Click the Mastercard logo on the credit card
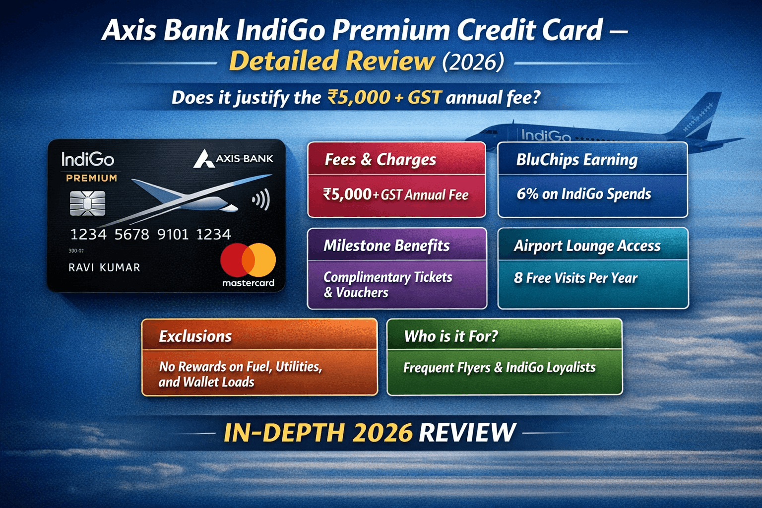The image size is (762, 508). tap(248, 260)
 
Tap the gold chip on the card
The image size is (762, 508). tap(87, 203)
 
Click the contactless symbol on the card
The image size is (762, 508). tap(261, 200)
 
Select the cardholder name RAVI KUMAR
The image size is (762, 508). tap(104, 268)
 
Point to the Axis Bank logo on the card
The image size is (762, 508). tap(233, 159)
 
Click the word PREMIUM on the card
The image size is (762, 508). tap(92, 178)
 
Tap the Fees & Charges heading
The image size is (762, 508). tap(380, 160)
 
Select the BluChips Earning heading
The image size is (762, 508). tap(576, 160)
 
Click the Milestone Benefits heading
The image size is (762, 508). tap(386, 246)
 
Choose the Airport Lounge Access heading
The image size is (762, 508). tap(587, 246)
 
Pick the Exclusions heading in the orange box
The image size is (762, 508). tap(195, 336)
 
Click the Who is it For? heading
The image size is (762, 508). tap(450, 336)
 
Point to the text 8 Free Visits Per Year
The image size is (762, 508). tap(575, 278)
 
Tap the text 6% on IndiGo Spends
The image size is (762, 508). tap(583, 194)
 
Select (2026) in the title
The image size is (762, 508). tap(472, 62)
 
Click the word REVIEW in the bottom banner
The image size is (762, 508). tap(467, 433)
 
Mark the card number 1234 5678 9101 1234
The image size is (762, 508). tap(150, 234)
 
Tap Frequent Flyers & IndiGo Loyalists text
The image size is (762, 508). tap(499, 368)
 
